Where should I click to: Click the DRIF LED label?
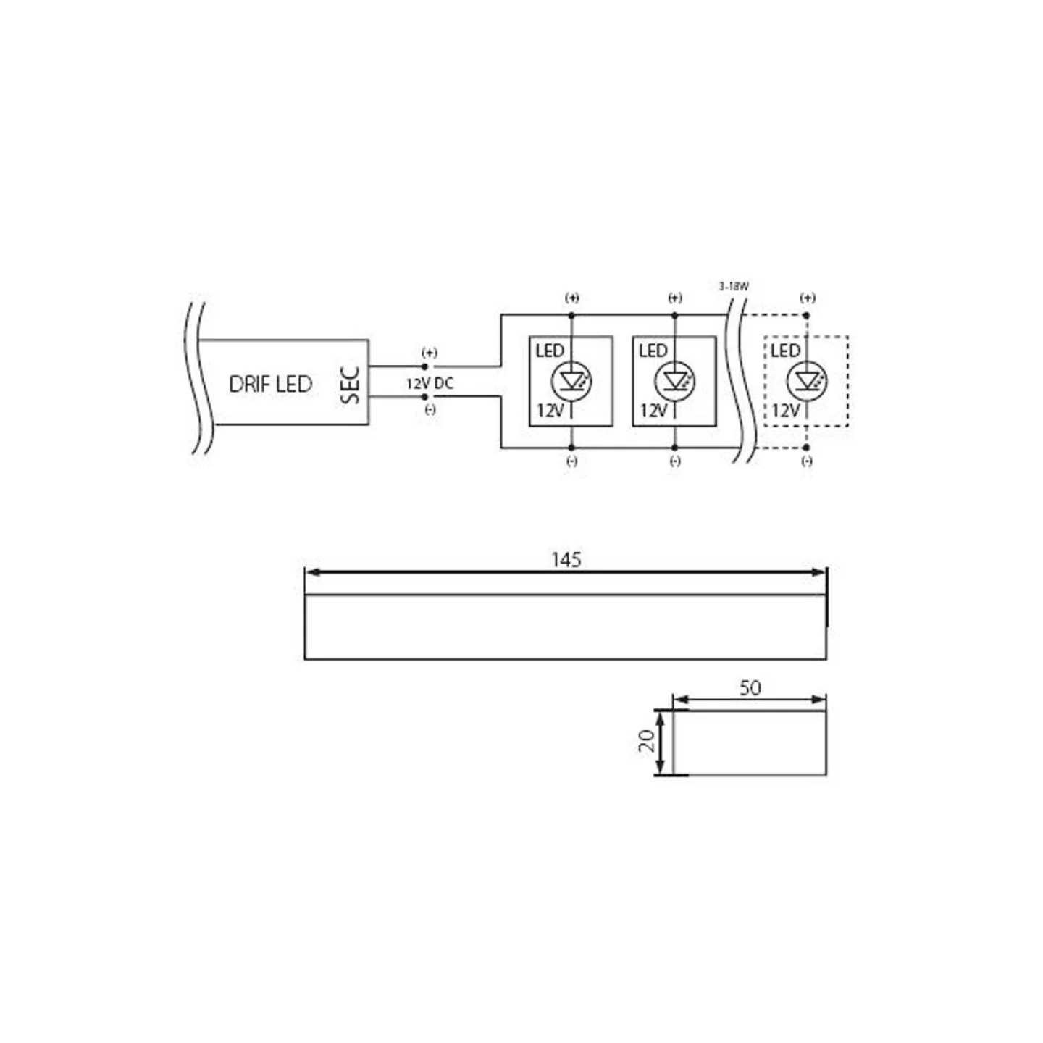[x=270, y=384]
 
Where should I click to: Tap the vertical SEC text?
[x=350, y=385]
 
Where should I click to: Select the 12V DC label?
[x=430, y=383]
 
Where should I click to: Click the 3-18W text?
[x=734, y=287]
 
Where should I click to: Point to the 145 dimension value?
[x=566, y=559]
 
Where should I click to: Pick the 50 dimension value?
[x=750, y=687]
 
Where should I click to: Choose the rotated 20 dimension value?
[x=646, y=740]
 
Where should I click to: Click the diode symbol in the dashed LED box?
[x=806, y=380]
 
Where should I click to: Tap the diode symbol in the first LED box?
[x=572, y=380]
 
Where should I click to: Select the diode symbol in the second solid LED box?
[x=675, y=380]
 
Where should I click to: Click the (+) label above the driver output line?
[x=430, y=353]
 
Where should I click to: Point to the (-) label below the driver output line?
[x=430, y=410]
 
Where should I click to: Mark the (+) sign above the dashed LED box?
[x=808, y=298]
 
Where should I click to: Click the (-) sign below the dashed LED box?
[x=807, y=461]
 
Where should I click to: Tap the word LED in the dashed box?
[x=785, y=351]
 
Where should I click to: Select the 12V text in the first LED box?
[x=550, y=411]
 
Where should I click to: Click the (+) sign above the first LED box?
[x=572, y=298]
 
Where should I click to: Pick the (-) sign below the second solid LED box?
[x=675, y=461]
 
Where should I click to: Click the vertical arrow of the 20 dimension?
[x=660, y=742]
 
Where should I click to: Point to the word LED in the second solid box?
[x=653, y=351]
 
